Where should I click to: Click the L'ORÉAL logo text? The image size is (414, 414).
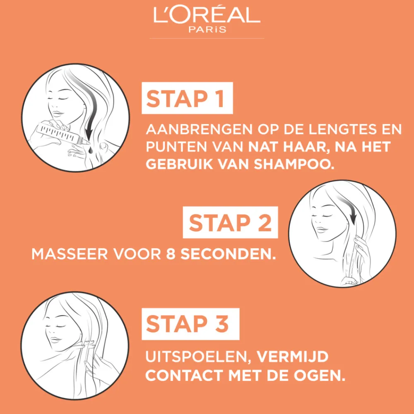[207, 14]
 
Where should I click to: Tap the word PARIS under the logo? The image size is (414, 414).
[207, 29]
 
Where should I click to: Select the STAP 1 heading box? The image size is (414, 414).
[187, 98]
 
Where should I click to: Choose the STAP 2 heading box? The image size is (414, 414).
[230, 222]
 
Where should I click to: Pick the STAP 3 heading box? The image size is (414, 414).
[190, 324]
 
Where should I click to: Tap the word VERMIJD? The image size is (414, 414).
[293, 357]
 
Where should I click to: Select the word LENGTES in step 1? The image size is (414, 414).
[342, 129]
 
